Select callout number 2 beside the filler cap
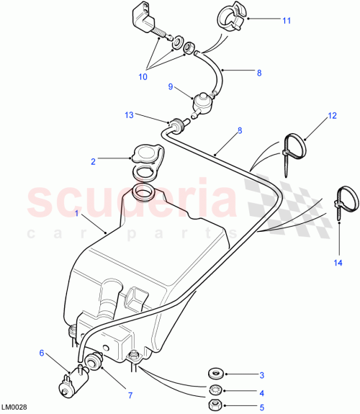93,162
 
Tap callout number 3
261,375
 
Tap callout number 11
286,21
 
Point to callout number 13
129,114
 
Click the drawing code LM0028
16,408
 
